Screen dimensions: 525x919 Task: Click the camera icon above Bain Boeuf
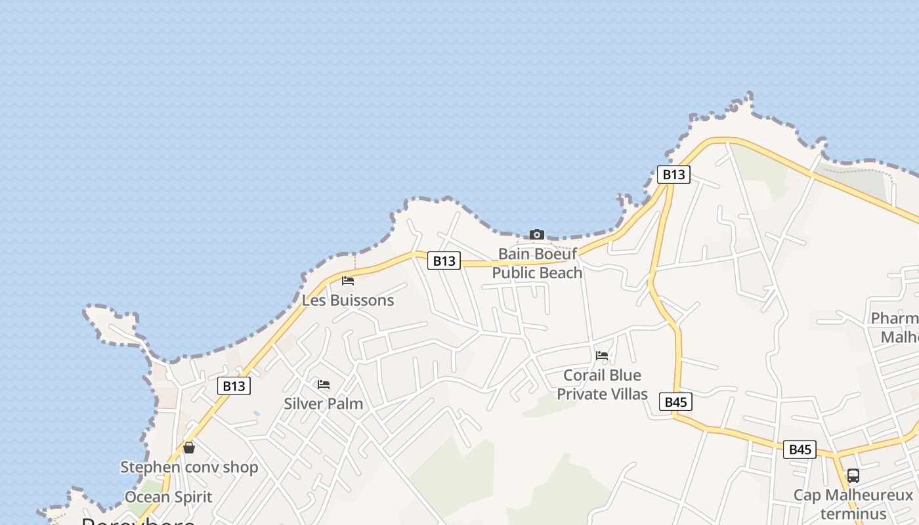click(x=537, y=234)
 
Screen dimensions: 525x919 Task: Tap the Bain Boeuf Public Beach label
click(x=537, y=263)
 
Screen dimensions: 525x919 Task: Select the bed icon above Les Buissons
click(x=348, y=281)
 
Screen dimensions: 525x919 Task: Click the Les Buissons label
click(x=348, y=300)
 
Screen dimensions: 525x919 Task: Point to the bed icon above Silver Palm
click(x=324, y=385)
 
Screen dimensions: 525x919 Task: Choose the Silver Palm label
click(x=323, y=404)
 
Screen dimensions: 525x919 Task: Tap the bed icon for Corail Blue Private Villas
click(x=602, y=356)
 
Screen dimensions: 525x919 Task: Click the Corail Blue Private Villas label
click(x=602, y=385)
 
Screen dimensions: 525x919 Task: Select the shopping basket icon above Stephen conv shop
click(x=189, y=448)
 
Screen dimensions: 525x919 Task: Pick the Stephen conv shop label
click(x=189, y=467)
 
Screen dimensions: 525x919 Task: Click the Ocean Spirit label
click(x=168, y=497)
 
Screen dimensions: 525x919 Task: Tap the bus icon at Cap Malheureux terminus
click(x=853, y=476)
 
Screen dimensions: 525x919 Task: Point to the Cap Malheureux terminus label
click(x=853, y=503)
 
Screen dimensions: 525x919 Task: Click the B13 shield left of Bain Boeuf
click(x=444, y=261)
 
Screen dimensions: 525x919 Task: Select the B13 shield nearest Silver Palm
click(x=234, y=386)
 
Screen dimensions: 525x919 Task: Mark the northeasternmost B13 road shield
click(x=673, y=174)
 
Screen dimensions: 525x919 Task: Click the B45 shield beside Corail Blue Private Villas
click(x=675, y=402)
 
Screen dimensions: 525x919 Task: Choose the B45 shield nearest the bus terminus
click(x=800, y=450)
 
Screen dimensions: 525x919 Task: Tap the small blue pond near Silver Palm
click(x=256, y=414)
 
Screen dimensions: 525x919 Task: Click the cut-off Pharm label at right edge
click(x=895, y=327)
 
